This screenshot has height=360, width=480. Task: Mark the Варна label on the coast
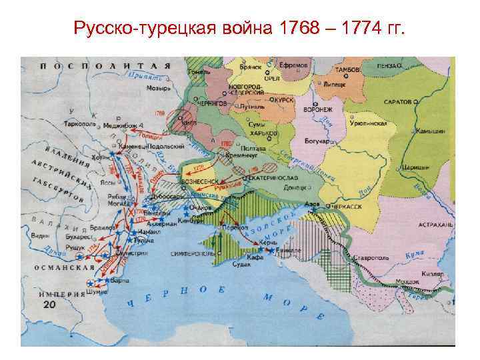pos(121,281)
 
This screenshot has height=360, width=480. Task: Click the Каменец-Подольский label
pos(145,145)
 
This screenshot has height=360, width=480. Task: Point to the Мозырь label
pos(159,87)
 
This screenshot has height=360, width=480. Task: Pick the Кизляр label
pos(432,274)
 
